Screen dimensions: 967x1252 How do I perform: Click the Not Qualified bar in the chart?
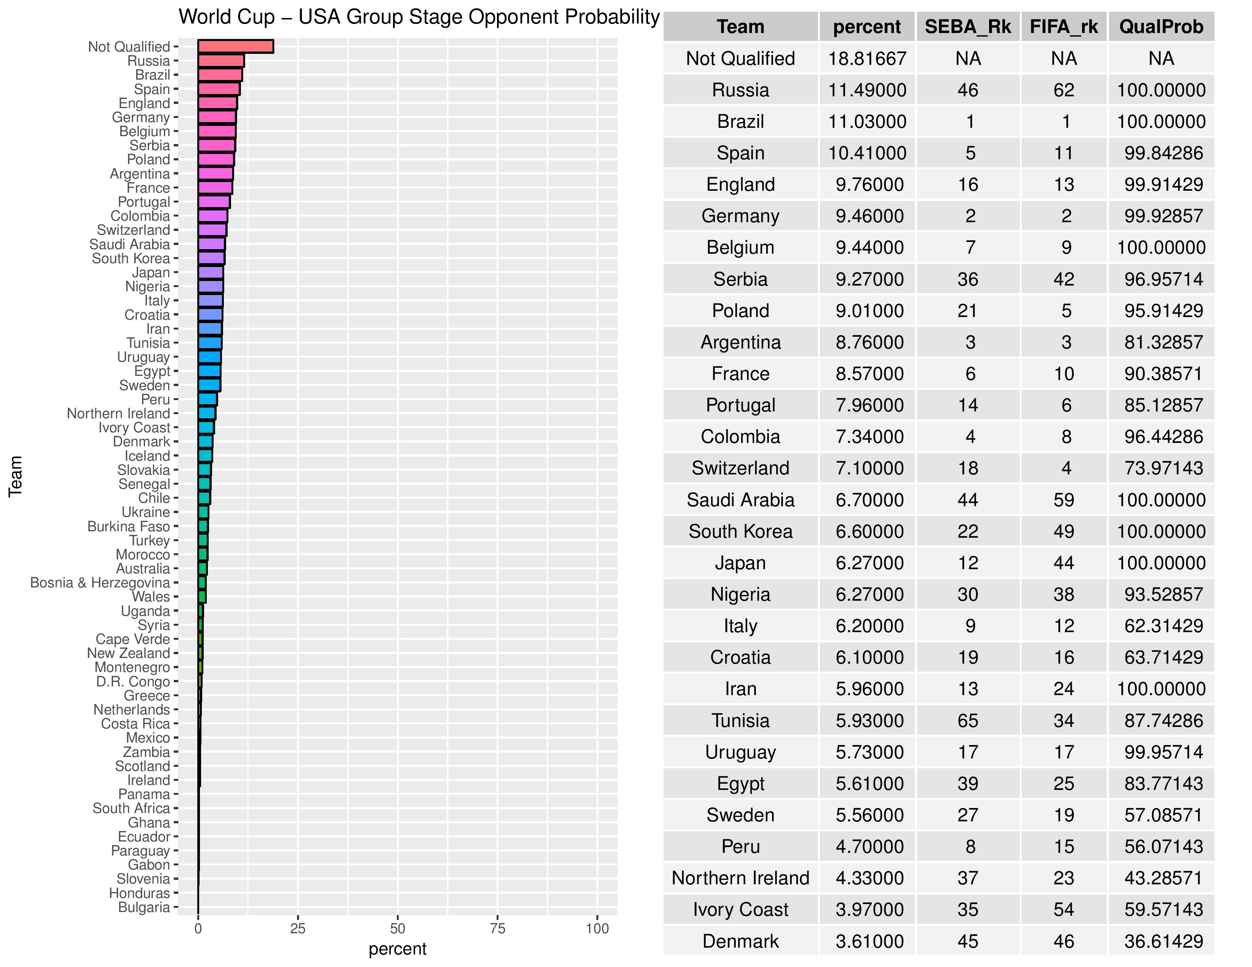(x=236, y=46)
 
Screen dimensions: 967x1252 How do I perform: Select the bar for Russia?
(x=221, y=61)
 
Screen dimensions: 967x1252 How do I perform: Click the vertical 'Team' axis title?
(x=16, y=476)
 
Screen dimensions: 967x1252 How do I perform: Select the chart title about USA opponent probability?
(x=419, y=17)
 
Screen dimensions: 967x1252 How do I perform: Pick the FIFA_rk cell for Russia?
(x=1063, y=90)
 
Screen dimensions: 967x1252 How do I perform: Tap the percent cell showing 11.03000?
(x=867, y=121)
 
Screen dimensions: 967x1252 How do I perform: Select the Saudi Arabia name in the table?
(x=740, y=499)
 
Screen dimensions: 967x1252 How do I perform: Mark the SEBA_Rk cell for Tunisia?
(x=968, y=720)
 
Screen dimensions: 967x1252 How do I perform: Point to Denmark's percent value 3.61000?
(x=869, y=941)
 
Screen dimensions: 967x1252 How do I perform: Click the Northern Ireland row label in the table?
(x=740, y=878)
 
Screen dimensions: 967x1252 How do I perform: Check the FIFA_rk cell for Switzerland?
(x=1066, y=468)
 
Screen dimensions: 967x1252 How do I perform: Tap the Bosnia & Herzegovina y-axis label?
(x=100, y=582)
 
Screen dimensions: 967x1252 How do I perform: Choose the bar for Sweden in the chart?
(x=209, y=385)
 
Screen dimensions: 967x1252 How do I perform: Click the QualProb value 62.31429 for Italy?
(x=1163, y=626)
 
